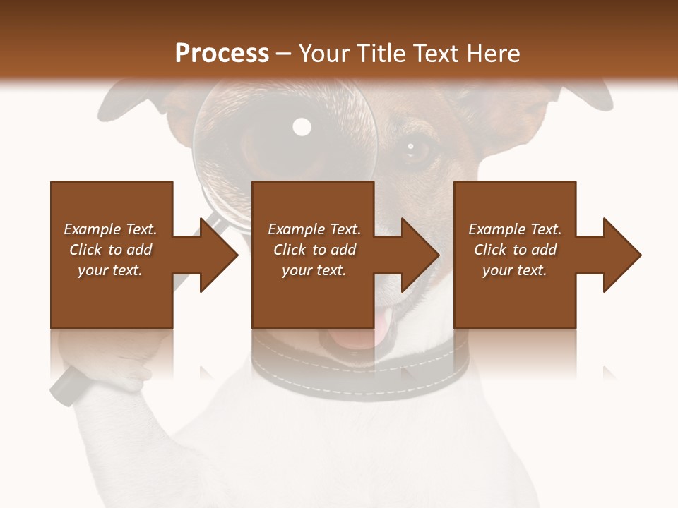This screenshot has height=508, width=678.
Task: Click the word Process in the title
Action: click(x=222, y=54)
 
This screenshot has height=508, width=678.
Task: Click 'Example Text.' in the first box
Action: click(x=110, y=229)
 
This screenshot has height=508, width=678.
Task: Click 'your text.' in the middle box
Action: click(x=314, y=270)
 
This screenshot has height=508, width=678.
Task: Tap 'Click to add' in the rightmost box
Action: click(x=516, y=250)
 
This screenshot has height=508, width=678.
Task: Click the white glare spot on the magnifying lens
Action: click(x=302, y=127)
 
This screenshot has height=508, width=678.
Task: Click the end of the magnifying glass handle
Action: click(x=62, y=392)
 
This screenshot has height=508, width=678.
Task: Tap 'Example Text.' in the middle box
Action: click(x=314, y=229)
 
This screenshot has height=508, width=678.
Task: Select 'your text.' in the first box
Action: click(x=110, y=270)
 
